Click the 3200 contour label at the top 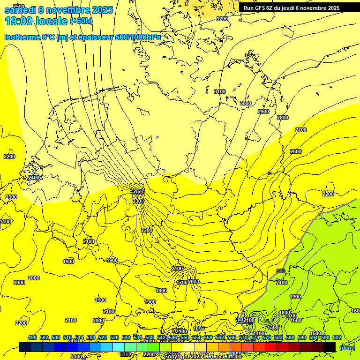coord(222,19)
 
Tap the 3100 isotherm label coord(219,91)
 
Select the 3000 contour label coord(246,103)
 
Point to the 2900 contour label coord(263,112)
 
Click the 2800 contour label coord(283,118)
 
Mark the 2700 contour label coord(301,130)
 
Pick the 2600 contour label coord(296,151)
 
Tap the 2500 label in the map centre coord(138,192)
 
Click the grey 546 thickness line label coord(281,271)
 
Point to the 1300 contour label coord(273,327)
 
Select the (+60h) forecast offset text coord(81,21)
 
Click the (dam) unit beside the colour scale coord(347,347)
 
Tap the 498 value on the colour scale coord(32,337)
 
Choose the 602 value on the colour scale coord(337,337)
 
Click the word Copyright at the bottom coord(177,357)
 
